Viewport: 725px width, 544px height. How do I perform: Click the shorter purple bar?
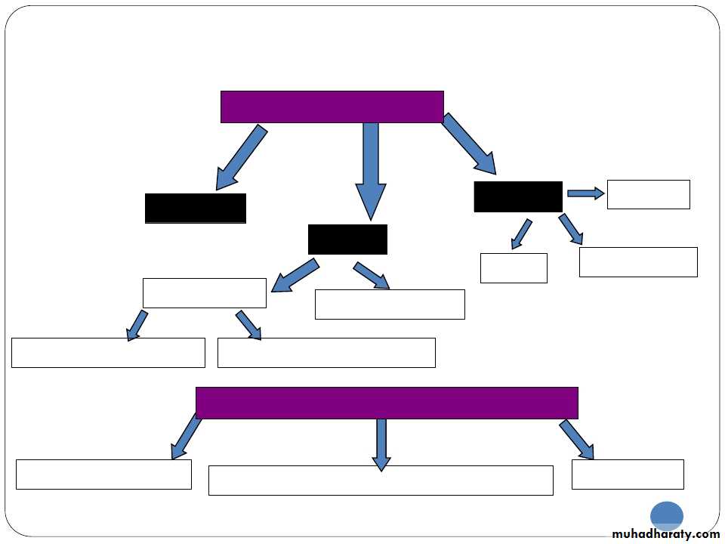(332, 107)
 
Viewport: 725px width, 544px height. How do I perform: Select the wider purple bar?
(387, 403)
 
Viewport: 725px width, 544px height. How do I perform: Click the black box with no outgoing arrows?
(196, 208)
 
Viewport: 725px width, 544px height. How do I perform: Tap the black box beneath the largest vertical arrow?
(347, 239)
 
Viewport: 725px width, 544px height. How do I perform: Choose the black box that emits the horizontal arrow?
(518, 196)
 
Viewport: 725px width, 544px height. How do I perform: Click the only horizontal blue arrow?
(585, 193)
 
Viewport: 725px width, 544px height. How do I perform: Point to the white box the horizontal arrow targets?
(648, 194)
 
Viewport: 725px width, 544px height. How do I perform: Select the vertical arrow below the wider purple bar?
(381, 444)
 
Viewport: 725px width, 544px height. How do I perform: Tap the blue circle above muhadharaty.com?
(667, 516)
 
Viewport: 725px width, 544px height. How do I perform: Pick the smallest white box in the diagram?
(514, 267)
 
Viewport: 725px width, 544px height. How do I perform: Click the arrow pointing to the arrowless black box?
(241, 158)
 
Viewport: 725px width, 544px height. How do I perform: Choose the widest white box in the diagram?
(381, 481)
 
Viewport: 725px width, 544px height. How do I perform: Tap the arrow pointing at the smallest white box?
(521, 234)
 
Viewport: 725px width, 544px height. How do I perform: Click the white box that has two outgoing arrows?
(205, 292)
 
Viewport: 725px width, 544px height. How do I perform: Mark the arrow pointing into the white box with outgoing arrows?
(295, 275)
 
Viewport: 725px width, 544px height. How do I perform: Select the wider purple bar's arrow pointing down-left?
(186, 437)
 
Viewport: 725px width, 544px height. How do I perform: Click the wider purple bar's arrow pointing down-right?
(577, 440)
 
